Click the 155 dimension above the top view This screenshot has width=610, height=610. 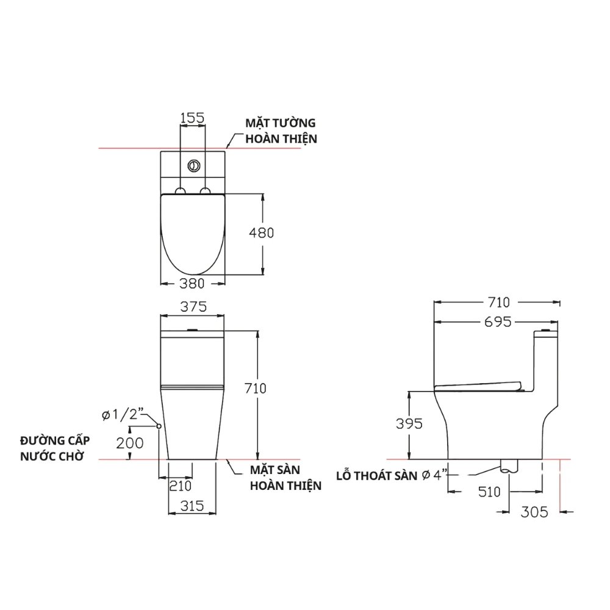[x=192, y=118]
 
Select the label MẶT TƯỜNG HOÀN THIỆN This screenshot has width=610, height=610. [x=281, y=131]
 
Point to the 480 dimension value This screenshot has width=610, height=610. [x=262, y=232]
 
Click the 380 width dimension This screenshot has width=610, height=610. [x=192, y=283]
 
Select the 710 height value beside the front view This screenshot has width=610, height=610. [x=255, y=388]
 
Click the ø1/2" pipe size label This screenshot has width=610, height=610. [x=122, y=415]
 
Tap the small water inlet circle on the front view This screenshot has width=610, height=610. [x=159, y=426]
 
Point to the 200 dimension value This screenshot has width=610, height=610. [x=129, y=443]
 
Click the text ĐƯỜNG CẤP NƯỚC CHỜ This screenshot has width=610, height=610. [x=51, y=448]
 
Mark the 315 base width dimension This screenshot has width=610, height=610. [x=192, y=506]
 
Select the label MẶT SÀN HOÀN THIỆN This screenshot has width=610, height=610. [x=285, y=478]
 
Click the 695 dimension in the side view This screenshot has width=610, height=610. [x=498, y=321]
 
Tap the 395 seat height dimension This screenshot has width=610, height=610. [x=408, y=424]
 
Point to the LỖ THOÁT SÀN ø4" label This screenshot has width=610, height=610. [x=392, y=475]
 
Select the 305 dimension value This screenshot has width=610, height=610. [x=534, y=512]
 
